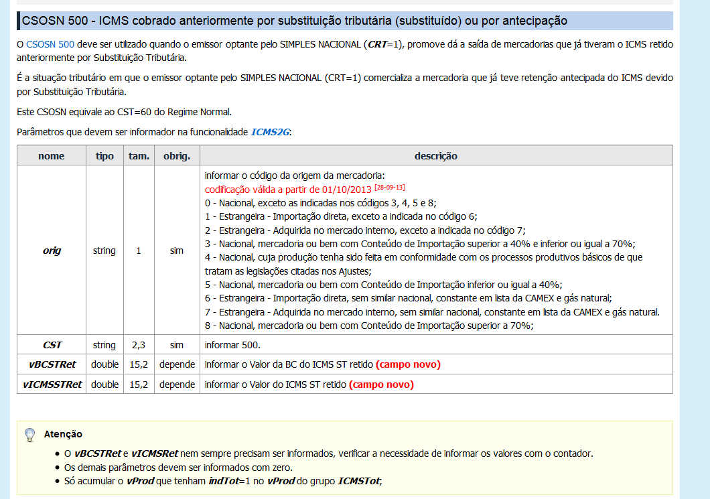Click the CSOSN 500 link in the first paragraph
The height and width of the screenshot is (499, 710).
click(50, 46)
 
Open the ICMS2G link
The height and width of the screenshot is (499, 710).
click(270, 132)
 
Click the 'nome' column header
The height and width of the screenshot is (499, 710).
click(52, 156)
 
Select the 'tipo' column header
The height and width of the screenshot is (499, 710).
click(104, 156)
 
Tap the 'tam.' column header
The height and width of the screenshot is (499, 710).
click(139, 156)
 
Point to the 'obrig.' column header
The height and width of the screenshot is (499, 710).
click(177, 156)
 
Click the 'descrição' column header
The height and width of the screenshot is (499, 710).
click(435, 156)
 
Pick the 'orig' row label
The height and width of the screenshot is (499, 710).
click(52, 251)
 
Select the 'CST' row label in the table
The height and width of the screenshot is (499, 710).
click(52, 345)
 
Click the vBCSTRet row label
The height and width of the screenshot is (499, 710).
click(52, 364)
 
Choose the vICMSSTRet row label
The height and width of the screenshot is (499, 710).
click(52, 384)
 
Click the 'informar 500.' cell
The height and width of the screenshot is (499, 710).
click(232, 345)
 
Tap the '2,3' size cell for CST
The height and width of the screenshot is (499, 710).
click(139, 345)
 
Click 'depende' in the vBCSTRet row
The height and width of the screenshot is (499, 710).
click(177, 364)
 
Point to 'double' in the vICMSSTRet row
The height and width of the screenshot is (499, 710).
click(104, 384)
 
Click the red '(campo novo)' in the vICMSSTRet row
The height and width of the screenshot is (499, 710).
click(382, 384)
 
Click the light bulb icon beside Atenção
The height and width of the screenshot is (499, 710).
click(29, 435)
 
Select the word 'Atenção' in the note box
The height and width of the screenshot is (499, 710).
click(63, 434)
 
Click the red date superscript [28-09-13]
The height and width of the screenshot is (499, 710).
click(389, 187)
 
